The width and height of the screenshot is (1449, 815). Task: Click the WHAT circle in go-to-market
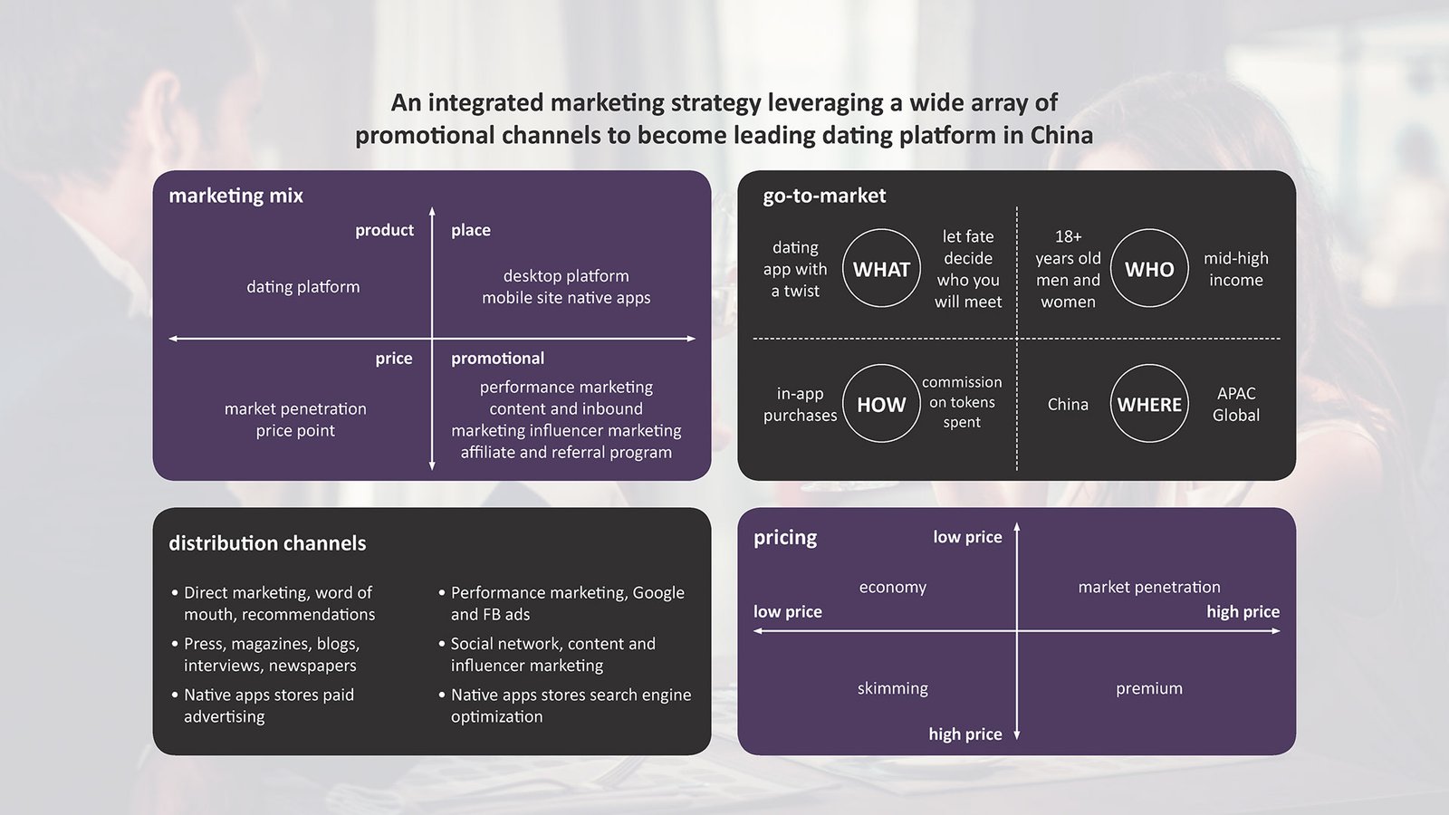click(x=881, y=269)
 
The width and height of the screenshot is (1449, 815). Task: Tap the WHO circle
click(x=1149, y=269)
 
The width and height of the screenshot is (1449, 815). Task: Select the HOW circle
click(x=881, y=404)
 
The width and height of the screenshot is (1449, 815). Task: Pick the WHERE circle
click(x=1149, y=404)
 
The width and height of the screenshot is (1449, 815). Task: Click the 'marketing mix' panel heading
click(x=235, y=196)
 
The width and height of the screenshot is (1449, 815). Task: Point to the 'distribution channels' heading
click(x=267, y=543)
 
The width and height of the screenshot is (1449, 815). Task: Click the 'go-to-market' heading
click(x=824, y=196)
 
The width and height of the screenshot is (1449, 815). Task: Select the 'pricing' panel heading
click(x=785, y=537)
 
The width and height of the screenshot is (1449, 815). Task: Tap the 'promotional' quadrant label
click(x=498, y=359)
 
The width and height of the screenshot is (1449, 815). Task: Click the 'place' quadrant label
click(x=471, y=230)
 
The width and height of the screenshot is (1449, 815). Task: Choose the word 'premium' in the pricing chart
click(x=1149, y=688)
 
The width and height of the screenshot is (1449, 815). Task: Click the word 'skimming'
click(x=893, y=688)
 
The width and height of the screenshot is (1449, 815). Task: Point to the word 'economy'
click(x=893, y=587)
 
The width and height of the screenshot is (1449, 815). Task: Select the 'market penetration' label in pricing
click(x=1149, y=587)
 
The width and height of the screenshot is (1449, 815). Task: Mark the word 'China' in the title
click(x=1061, y=136)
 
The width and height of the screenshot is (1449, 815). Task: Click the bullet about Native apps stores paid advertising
click(x=269, y=705)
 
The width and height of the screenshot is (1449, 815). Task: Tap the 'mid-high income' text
click(x=1236, y=269)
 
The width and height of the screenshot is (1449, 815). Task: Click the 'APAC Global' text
click(x=1236, y=404)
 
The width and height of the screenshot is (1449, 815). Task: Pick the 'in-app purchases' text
click(x=800, y=404)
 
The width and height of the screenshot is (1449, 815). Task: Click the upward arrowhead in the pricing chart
click(x=1017, y=526)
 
